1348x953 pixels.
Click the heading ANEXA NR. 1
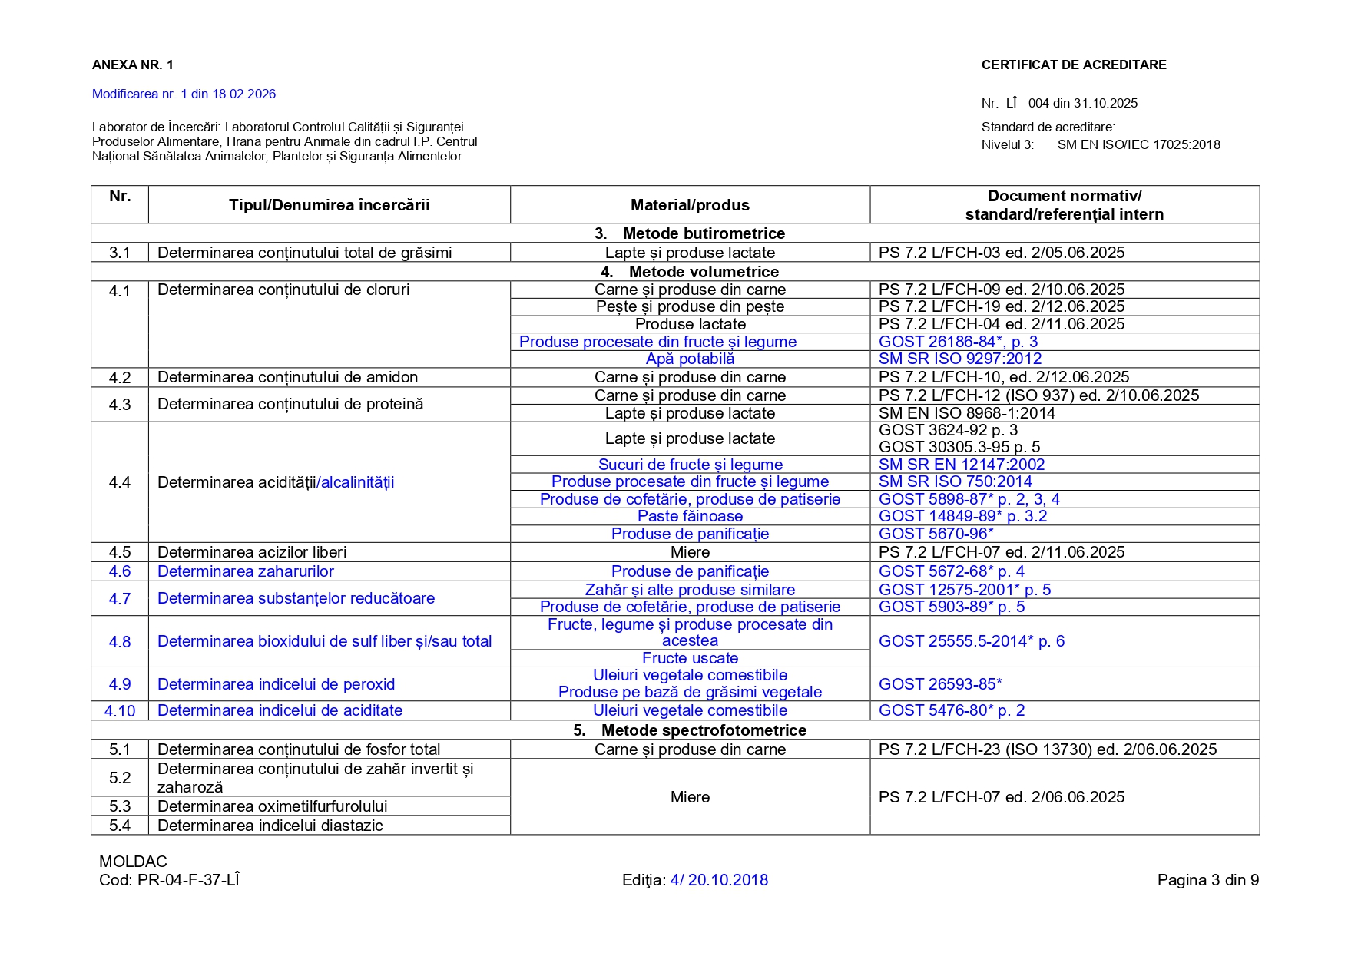[132, 65]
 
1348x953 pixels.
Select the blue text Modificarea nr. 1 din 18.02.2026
[184, 94]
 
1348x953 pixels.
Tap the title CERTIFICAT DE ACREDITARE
[1073, 65]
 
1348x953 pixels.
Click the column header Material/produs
[689, 205]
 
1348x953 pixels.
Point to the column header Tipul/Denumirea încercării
[329, 205]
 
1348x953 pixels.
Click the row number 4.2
[120, 378]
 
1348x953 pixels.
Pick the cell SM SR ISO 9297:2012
[959, 359]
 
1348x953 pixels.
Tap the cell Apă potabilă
[690, 359]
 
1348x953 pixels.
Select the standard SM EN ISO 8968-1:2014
[966, 413]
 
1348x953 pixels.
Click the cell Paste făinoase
[690, 516]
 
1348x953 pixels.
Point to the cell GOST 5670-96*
[936, 534]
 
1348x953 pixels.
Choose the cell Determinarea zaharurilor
[245, 571]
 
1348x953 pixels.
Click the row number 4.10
[120, 711]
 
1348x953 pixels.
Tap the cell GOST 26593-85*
[939, 684]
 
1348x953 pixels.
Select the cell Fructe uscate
[690, 658]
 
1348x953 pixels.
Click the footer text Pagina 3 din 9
[1207, 880]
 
